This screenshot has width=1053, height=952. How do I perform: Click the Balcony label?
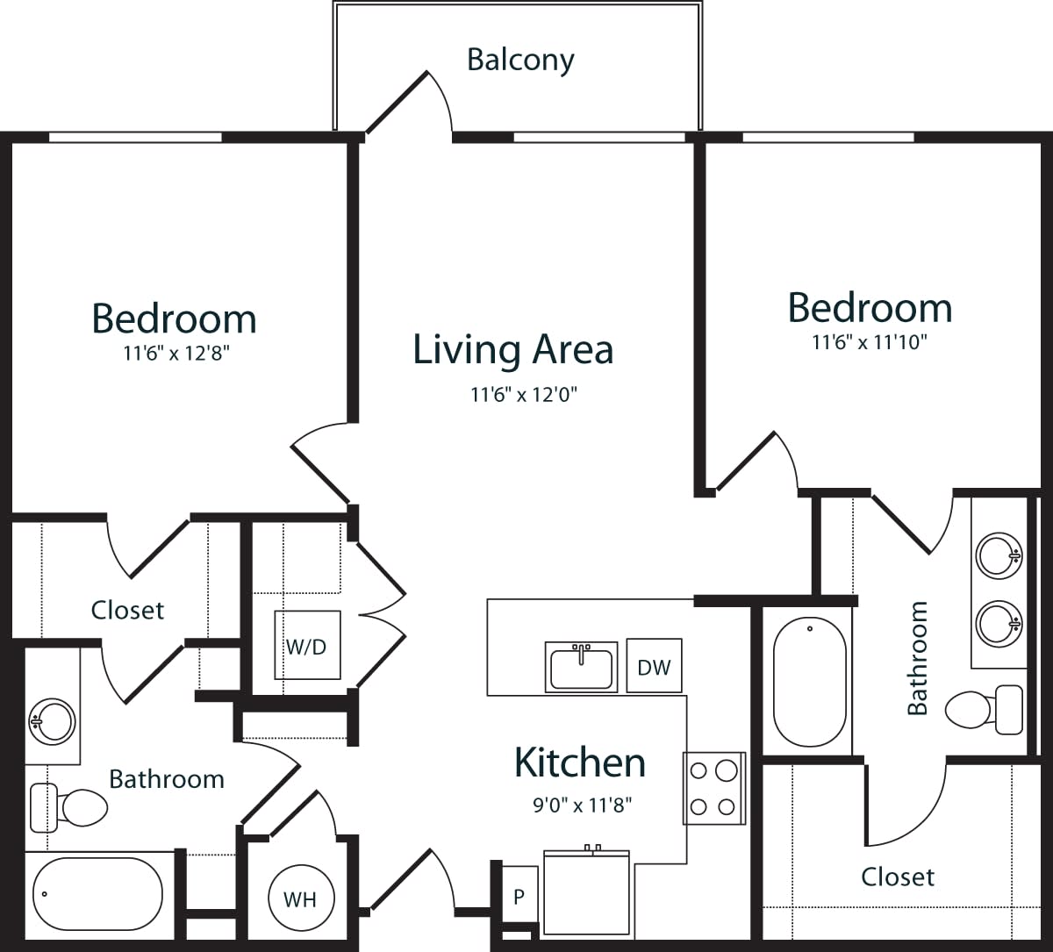(x=520, y=60)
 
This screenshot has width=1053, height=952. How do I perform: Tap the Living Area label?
(x=513, y=349)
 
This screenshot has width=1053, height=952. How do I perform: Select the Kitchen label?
(x=580, y=762)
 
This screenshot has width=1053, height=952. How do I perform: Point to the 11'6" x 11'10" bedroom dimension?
(x=870, y=341)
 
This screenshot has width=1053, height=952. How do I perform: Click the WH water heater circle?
(x=301, y=898)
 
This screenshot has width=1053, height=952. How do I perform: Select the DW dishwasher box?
(x=654, y=666)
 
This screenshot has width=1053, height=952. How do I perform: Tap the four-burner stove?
(x=713, y=788)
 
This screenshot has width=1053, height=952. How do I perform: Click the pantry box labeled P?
(x=519, y=897)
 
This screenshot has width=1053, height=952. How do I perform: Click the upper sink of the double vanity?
(x=999, y=555)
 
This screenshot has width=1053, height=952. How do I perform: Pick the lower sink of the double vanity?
(x=999, y=623)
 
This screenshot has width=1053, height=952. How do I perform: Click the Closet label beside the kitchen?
(x=898, y=877)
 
